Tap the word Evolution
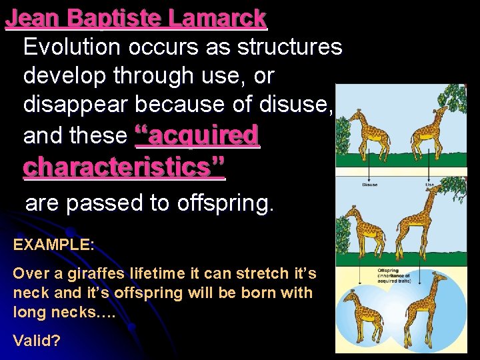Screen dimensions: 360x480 point(72,47)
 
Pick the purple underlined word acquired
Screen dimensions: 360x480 point(197,136)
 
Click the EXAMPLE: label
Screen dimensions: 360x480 point(53,244)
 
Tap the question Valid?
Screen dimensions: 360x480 point(37,341)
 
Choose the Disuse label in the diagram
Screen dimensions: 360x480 point(369,185)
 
